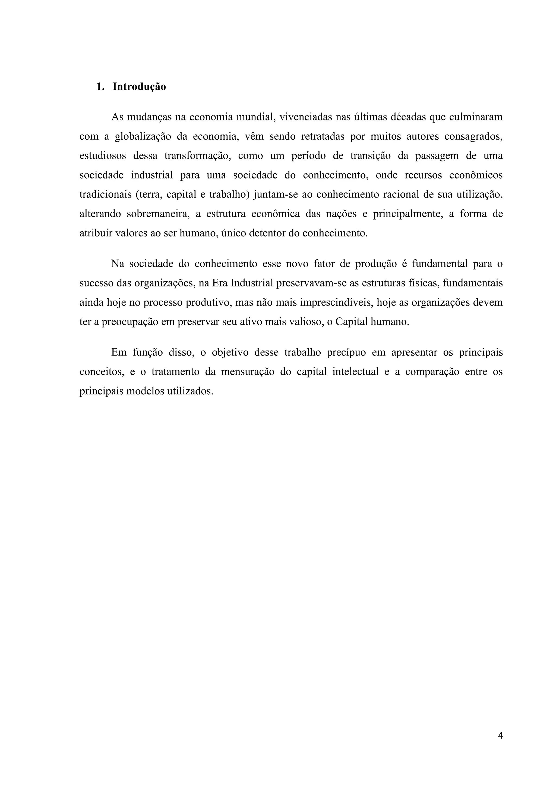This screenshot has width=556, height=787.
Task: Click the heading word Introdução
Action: point(139,87)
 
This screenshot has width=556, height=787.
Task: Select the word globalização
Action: point(143,136)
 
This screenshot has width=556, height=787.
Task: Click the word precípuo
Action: point(346,353)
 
